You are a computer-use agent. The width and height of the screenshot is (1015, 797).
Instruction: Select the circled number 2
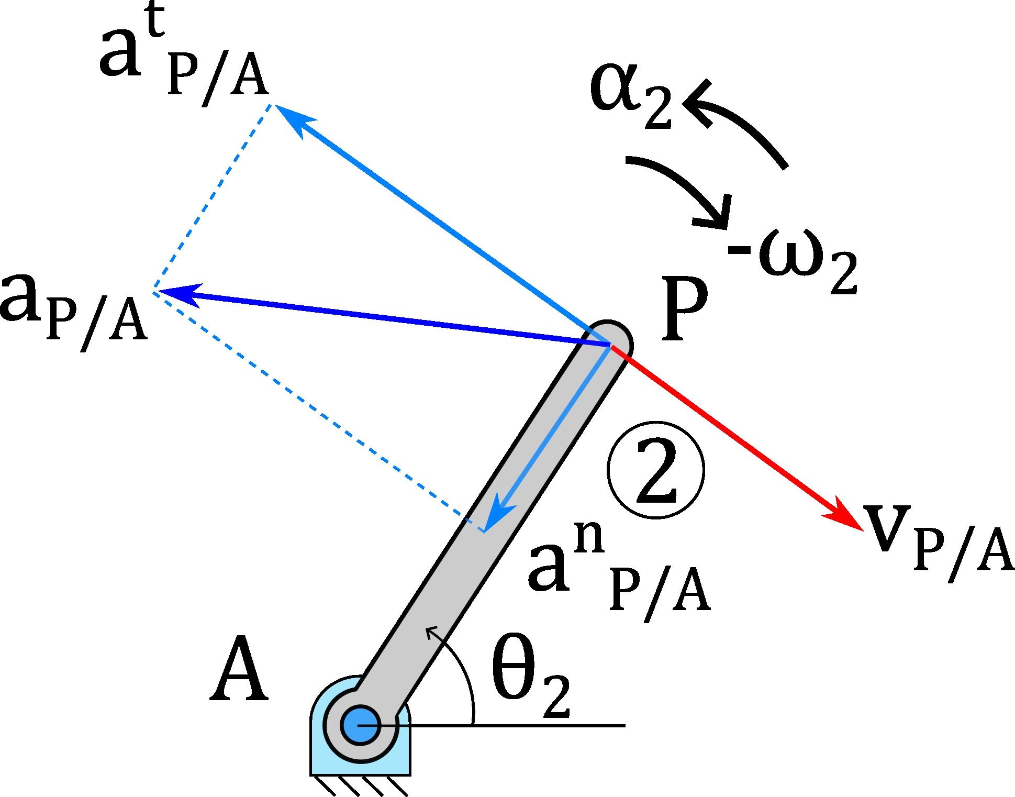tap(656, 470)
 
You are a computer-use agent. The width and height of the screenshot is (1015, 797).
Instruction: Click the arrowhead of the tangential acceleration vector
tap(291, 118)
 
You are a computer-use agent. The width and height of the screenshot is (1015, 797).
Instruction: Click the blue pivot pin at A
tap(359, 725)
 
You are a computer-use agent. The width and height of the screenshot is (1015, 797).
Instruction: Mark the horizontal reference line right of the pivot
tap(523, 725)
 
